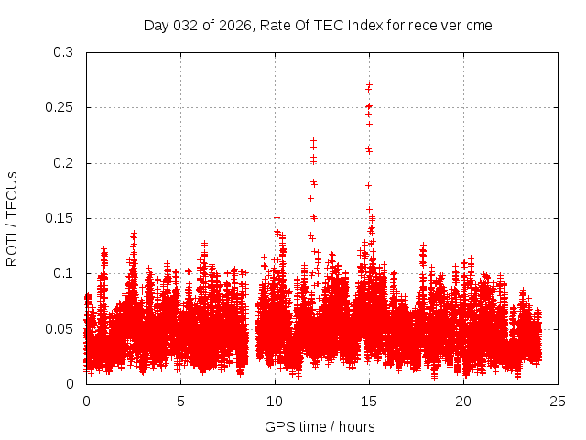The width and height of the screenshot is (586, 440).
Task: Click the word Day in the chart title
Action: (156, 26)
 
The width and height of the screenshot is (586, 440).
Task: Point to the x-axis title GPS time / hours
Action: (320, 426)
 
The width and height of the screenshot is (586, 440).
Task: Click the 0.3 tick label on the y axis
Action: (63, 53)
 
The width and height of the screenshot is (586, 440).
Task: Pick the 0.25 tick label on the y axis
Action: (60, 108)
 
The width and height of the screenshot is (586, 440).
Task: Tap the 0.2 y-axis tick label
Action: (63, 163)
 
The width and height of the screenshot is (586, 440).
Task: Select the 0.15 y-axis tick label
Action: (60, 218)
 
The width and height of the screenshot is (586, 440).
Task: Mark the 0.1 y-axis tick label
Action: (63, 273)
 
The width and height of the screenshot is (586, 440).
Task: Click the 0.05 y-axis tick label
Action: (60, 328)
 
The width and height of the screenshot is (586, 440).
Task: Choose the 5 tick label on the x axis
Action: (180, 401)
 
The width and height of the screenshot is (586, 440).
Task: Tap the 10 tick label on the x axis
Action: (275, 401)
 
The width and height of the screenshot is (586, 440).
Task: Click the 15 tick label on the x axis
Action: (369, 401)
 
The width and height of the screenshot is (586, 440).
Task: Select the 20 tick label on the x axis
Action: (464, 401)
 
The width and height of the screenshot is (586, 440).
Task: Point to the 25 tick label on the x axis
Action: (559, 401)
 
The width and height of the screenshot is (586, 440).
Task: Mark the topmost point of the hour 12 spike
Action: (313, 140)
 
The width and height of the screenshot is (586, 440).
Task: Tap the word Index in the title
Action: (365, 26)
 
